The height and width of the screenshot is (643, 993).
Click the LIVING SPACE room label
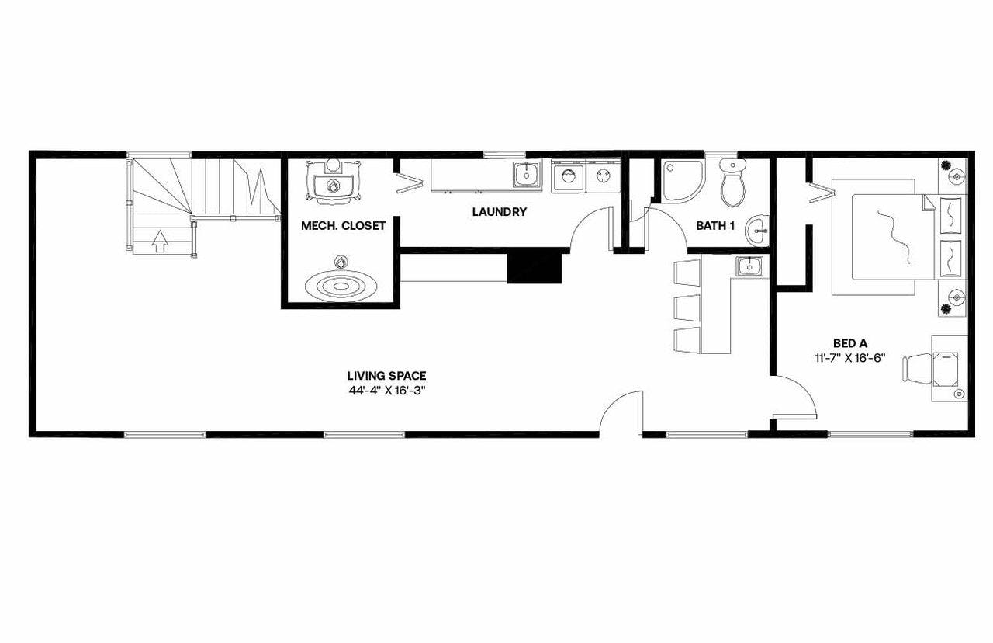tap(386, 376)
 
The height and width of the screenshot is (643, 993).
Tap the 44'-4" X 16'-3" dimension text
tap(386, 391)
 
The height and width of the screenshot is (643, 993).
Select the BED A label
tap(849, 343)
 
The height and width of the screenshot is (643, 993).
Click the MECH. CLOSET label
tap(343, 226)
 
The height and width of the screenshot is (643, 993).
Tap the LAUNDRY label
tap(500, 211)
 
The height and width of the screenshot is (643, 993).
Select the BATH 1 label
tap(714, 226)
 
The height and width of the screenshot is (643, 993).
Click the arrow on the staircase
tap(159, 242)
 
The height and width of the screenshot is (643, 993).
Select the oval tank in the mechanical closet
tap(341, 286)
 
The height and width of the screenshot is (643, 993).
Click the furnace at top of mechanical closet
tap(334, 182)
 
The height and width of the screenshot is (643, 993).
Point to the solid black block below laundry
tap(534, 267)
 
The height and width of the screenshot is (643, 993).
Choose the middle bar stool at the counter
tap(687, 308)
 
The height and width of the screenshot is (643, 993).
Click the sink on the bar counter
tap(749, 267)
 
